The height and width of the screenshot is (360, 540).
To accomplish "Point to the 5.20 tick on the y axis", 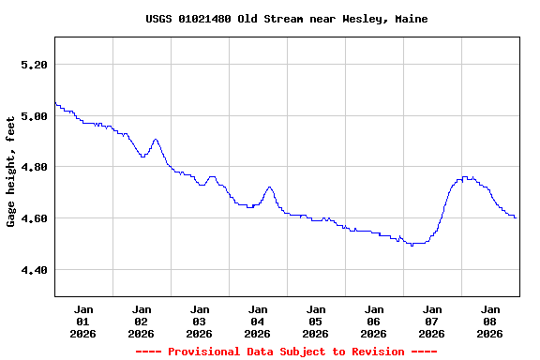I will tap(33, 65).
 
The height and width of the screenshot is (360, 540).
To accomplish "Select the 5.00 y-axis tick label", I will tap(33, 116).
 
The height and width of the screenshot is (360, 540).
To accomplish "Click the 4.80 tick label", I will tap(33, 167).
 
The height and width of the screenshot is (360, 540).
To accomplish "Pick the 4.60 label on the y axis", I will tap(33, 218).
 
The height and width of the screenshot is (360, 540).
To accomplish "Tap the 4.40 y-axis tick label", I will tap(33, 270).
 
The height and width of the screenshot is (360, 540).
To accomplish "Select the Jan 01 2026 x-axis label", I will tap(83, 321).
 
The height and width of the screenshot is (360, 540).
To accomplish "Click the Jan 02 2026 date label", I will tap(142, 321).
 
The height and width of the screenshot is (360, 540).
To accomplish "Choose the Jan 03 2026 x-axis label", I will tap(200, 321).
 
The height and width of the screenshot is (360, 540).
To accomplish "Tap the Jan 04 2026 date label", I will tap(258, 321).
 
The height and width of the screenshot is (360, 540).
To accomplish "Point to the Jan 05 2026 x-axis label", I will tap(316, 321).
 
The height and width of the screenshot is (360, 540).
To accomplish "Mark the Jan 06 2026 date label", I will tap(374, 321).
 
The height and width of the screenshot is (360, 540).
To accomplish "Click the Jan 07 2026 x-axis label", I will tap(432, 321).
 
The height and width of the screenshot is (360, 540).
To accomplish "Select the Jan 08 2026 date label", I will tap(490, 321).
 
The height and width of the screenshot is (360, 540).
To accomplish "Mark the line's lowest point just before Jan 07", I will tap(412, 245).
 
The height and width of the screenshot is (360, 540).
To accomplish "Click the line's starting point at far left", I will tap(55, 103).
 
